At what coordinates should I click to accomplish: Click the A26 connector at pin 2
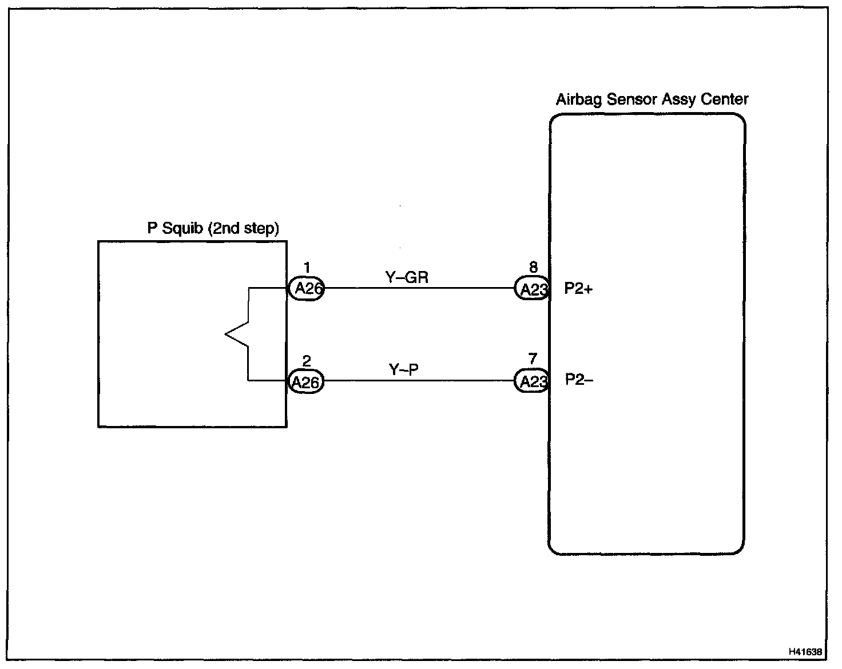click(305, 381)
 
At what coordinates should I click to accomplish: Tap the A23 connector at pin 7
click(533, 381)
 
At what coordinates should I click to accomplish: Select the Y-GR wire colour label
click(407, 278)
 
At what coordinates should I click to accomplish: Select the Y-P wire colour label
click(404, 370)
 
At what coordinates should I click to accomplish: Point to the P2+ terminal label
click(578, 289)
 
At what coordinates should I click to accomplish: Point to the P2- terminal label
click(579, 380)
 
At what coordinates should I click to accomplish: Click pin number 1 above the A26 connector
click(307, 267)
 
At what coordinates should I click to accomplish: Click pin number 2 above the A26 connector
click(307, 361)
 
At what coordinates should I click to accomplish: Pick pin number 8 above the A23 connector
click(533, 267)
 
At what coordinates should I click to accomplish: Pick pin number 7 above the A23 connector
click(533, 359)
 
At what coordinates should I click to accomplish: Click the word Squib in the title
click(182, 228)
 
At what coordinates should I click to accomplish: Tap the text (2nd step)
click(243, 229)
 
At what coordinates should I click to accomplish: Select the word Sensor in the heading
click(631, 99)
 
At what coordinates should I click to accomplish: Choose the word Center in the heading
click(726, 99)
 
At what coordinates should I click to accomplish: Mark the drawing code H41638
click(805, 651)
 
